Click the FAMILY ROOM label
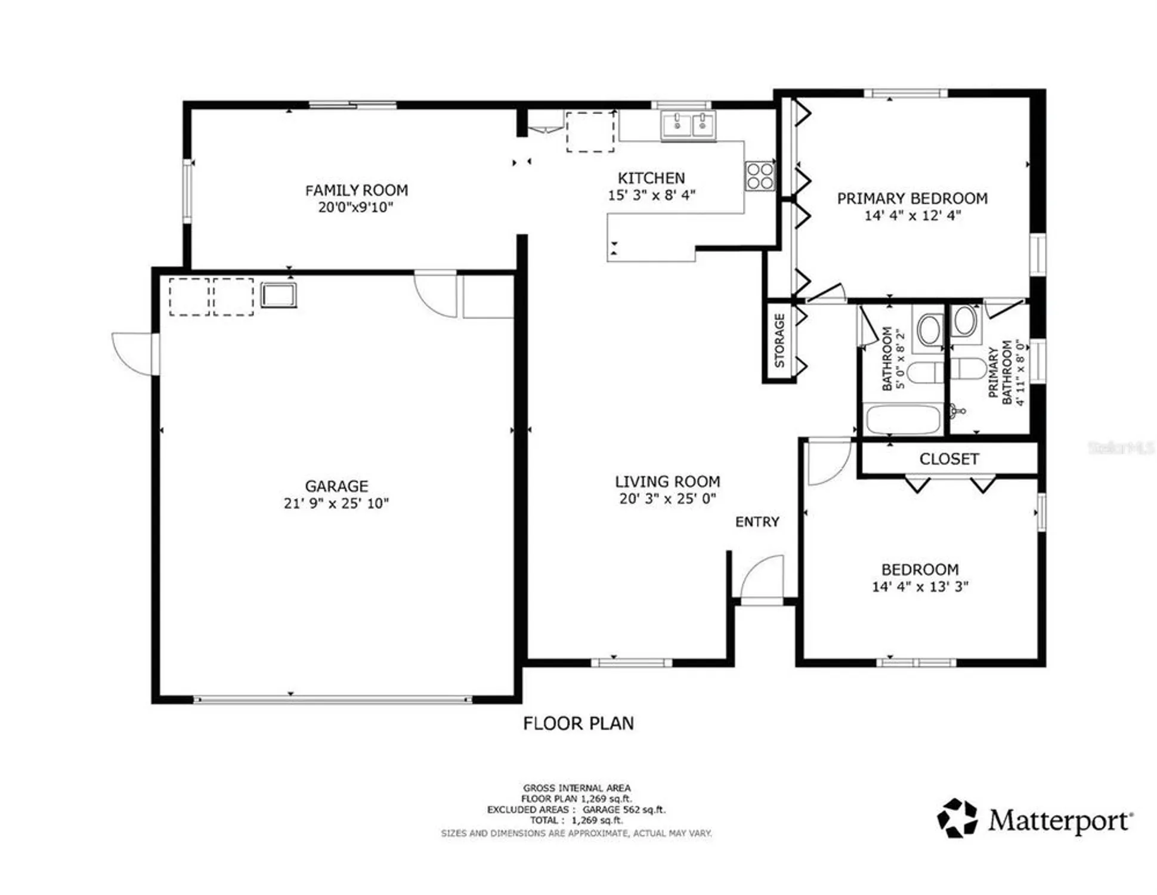coord(356,190)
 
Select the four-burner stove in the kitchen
coord(759,176)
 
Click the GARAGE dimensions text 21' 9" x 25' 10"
coord(336,504)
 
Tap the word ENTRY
coord(757,522)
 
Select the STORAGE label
coord(779,341)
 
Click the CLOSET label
coord(948,459)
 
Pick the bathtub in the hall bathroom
coord(902,419)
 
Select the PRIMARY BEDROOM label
coord(912,199)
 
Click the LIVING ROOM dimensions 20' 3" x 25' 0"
coord(667,499)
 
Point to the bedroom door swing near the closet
coord(827,463)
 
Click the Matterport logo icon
coord(957,818)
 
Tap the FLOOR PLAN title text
coord(578,724)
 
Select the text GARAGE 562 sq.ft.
coord(624,810)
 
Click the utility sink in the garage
coord(278,295)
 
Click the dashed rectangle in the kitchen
coord(590,132)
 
